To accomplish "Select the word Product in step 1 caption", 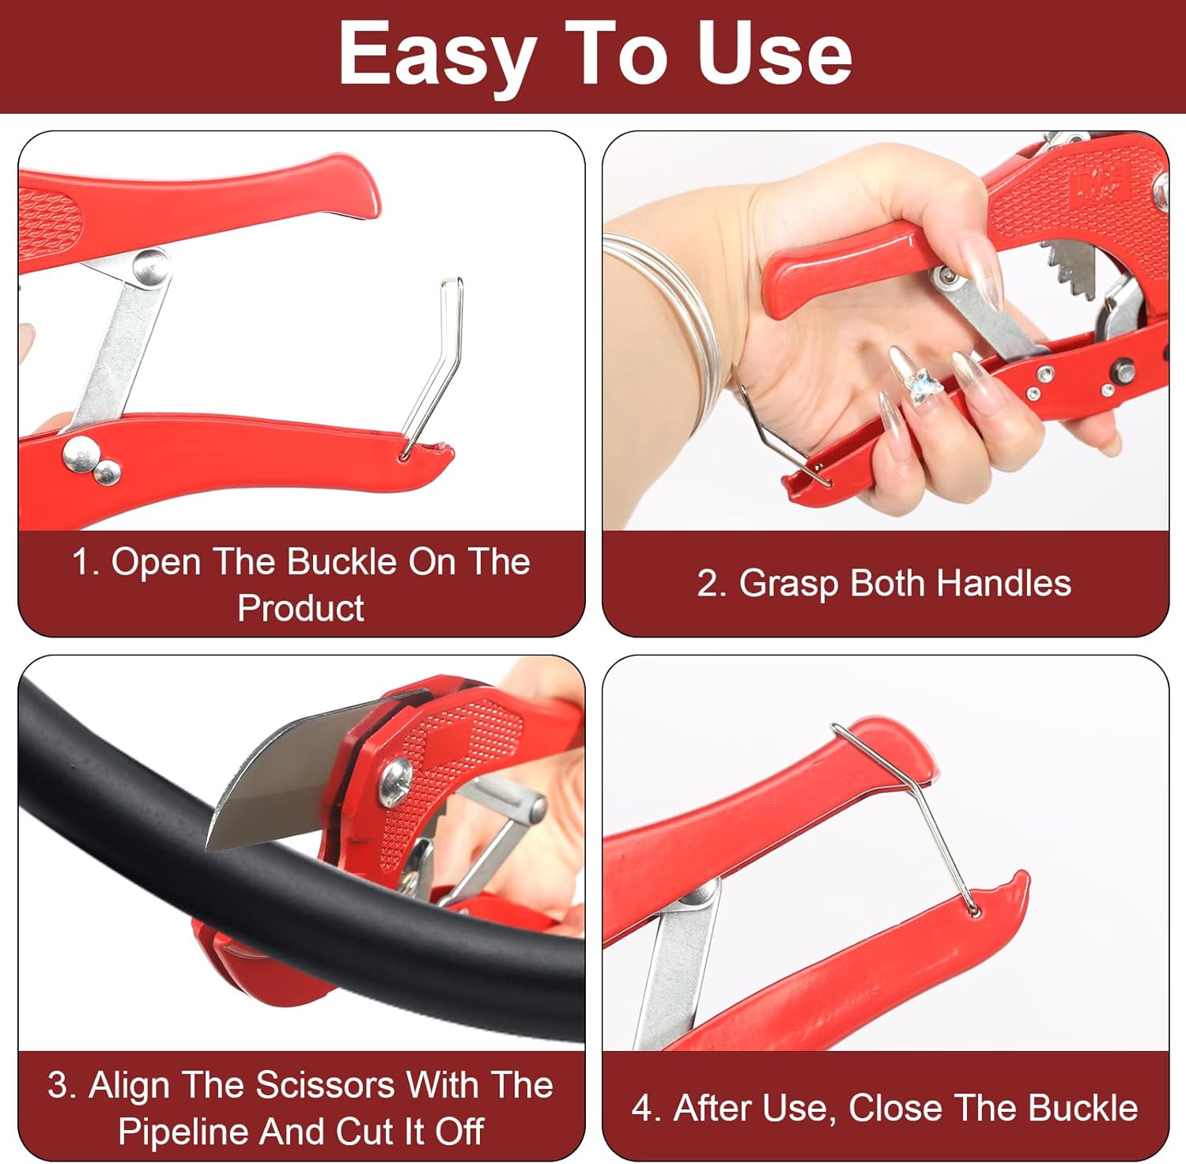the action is (300, 608).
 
